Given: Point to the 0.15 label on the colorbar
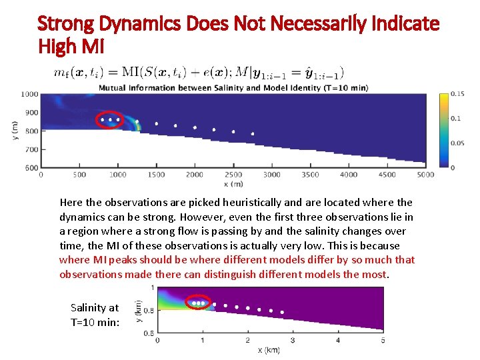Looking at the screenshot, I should click(x=457, y=94).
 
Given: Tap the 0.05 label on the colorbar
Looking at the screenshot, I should click(x=457, y=143).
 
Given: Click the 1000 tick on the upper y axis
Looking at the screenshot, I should click(x=29, y=95).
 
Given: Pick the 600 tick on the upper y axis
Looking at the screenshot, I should click(x=31, y=168).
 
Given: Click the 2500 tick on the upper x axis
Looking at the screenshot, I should click(x=233, y=175).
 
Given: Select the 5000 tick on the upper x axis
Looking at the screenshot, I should click(x=425, y=175).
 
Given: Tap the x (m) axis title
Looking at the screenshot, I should click(x=233, y=184).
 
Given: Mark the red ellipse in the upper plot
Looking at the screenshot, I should click(x=110, y=119).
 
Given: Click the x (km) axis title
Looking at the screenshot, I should click(x=269, y=350).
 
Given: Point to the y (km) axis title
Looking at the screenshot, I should click(x=139, y=310).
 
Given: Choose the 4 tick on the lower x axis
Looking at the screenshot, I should click(x=338, y=341).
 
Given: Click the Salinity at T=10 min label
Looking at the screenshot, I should click(x=94, y=315).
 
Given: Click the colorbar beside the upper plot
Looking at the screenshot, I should click(x=444, y=130).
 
